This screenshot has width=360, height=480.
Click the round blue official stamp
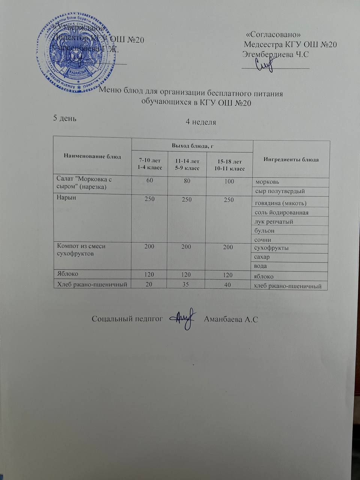[75, 52]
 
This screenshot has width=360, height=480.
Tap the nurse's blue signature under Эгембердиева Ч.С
[264, 65]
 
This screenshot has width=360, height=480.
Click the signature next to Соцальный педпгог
[183, 318]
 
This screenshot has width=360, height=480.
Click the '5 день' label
[66, 118]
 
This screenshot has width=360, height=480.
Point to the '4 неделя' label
[201, 122]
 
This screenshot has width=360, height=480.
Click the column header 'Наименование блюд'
[92, 156]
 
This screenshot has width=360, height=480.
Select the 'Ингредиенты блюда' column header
[291, 159]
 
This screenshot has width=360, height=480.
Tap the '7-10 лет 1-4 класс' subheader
[150, 164]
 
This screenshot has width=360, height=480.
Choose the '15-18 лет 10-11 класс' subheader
[229, 165]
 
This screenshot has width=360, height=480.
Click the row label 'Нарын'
[66, 198]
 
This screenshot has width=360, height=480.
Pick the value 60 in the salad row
[150, 181]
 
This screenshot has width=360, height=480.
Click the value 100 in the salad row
[229, 181]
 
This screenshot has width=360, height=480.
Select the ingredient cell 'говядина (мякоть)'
[280, 203]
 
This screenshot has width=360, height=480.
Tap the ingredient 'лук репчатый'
[274, 222]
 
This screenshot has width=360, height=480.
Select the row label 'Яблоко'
[67, 274]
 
